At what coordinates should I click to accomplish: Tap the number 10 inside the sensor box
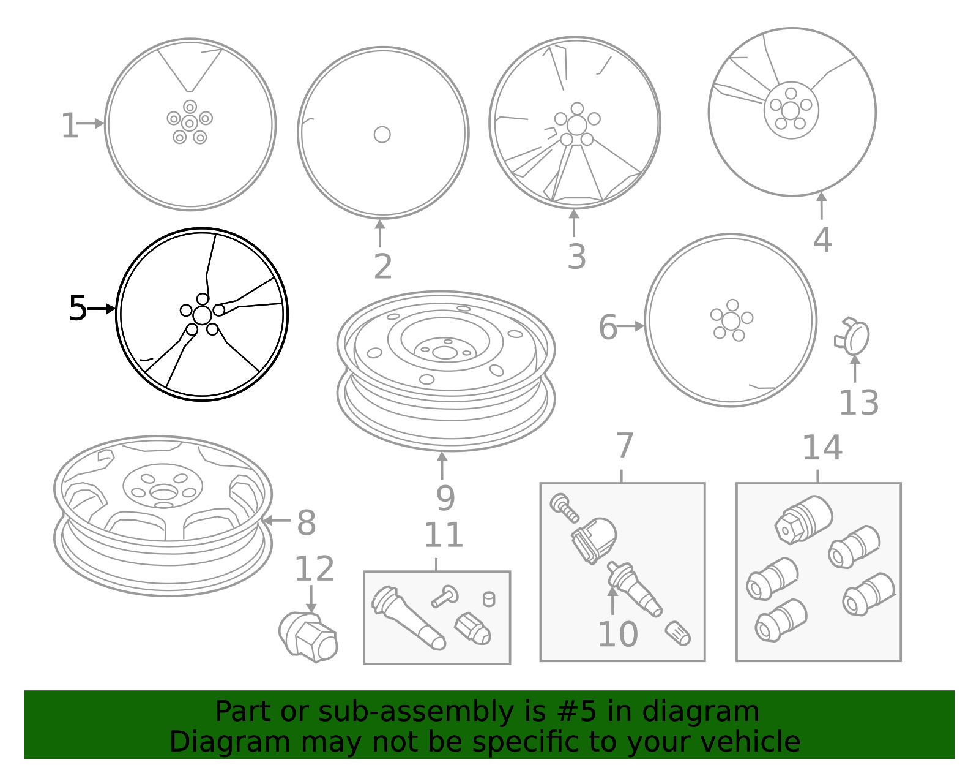tap(617, 634)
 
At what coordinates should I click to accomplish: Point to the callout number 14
tap(822, 448)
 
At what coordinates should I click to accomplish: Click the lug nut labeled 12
tap(309, 637)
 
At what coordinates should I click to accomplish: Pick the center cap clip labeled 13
tap(852, 337)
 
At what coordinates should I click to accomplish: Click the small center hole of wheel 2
tap(382, 134)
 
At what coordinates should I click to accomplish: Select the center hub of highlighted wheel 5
tap(202, 315)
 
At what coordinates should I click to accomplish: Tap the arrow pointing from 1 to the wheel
tap(91, 124)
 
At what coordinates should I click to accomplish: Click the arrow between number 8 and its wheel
tap(277, 521)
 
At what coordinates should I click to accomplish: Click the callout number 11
tap(443, 535)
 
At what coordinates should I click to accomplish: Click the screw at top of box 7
tap(564, 507)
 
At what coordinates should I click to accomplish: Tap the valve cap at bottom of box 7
tap(678, 633)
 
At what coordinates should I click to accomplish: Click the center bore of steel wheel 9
tap(445, 352)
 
